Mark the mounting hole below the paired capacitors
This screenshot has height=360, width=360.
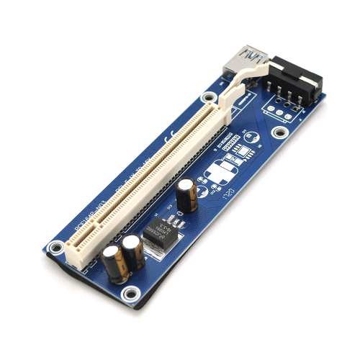(x=130, y=293)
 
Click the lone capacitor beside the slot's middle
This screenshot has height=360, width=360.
(x=186, y=194)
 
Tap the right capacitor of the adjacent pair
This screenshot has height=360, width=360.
(x=133, y=253)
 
